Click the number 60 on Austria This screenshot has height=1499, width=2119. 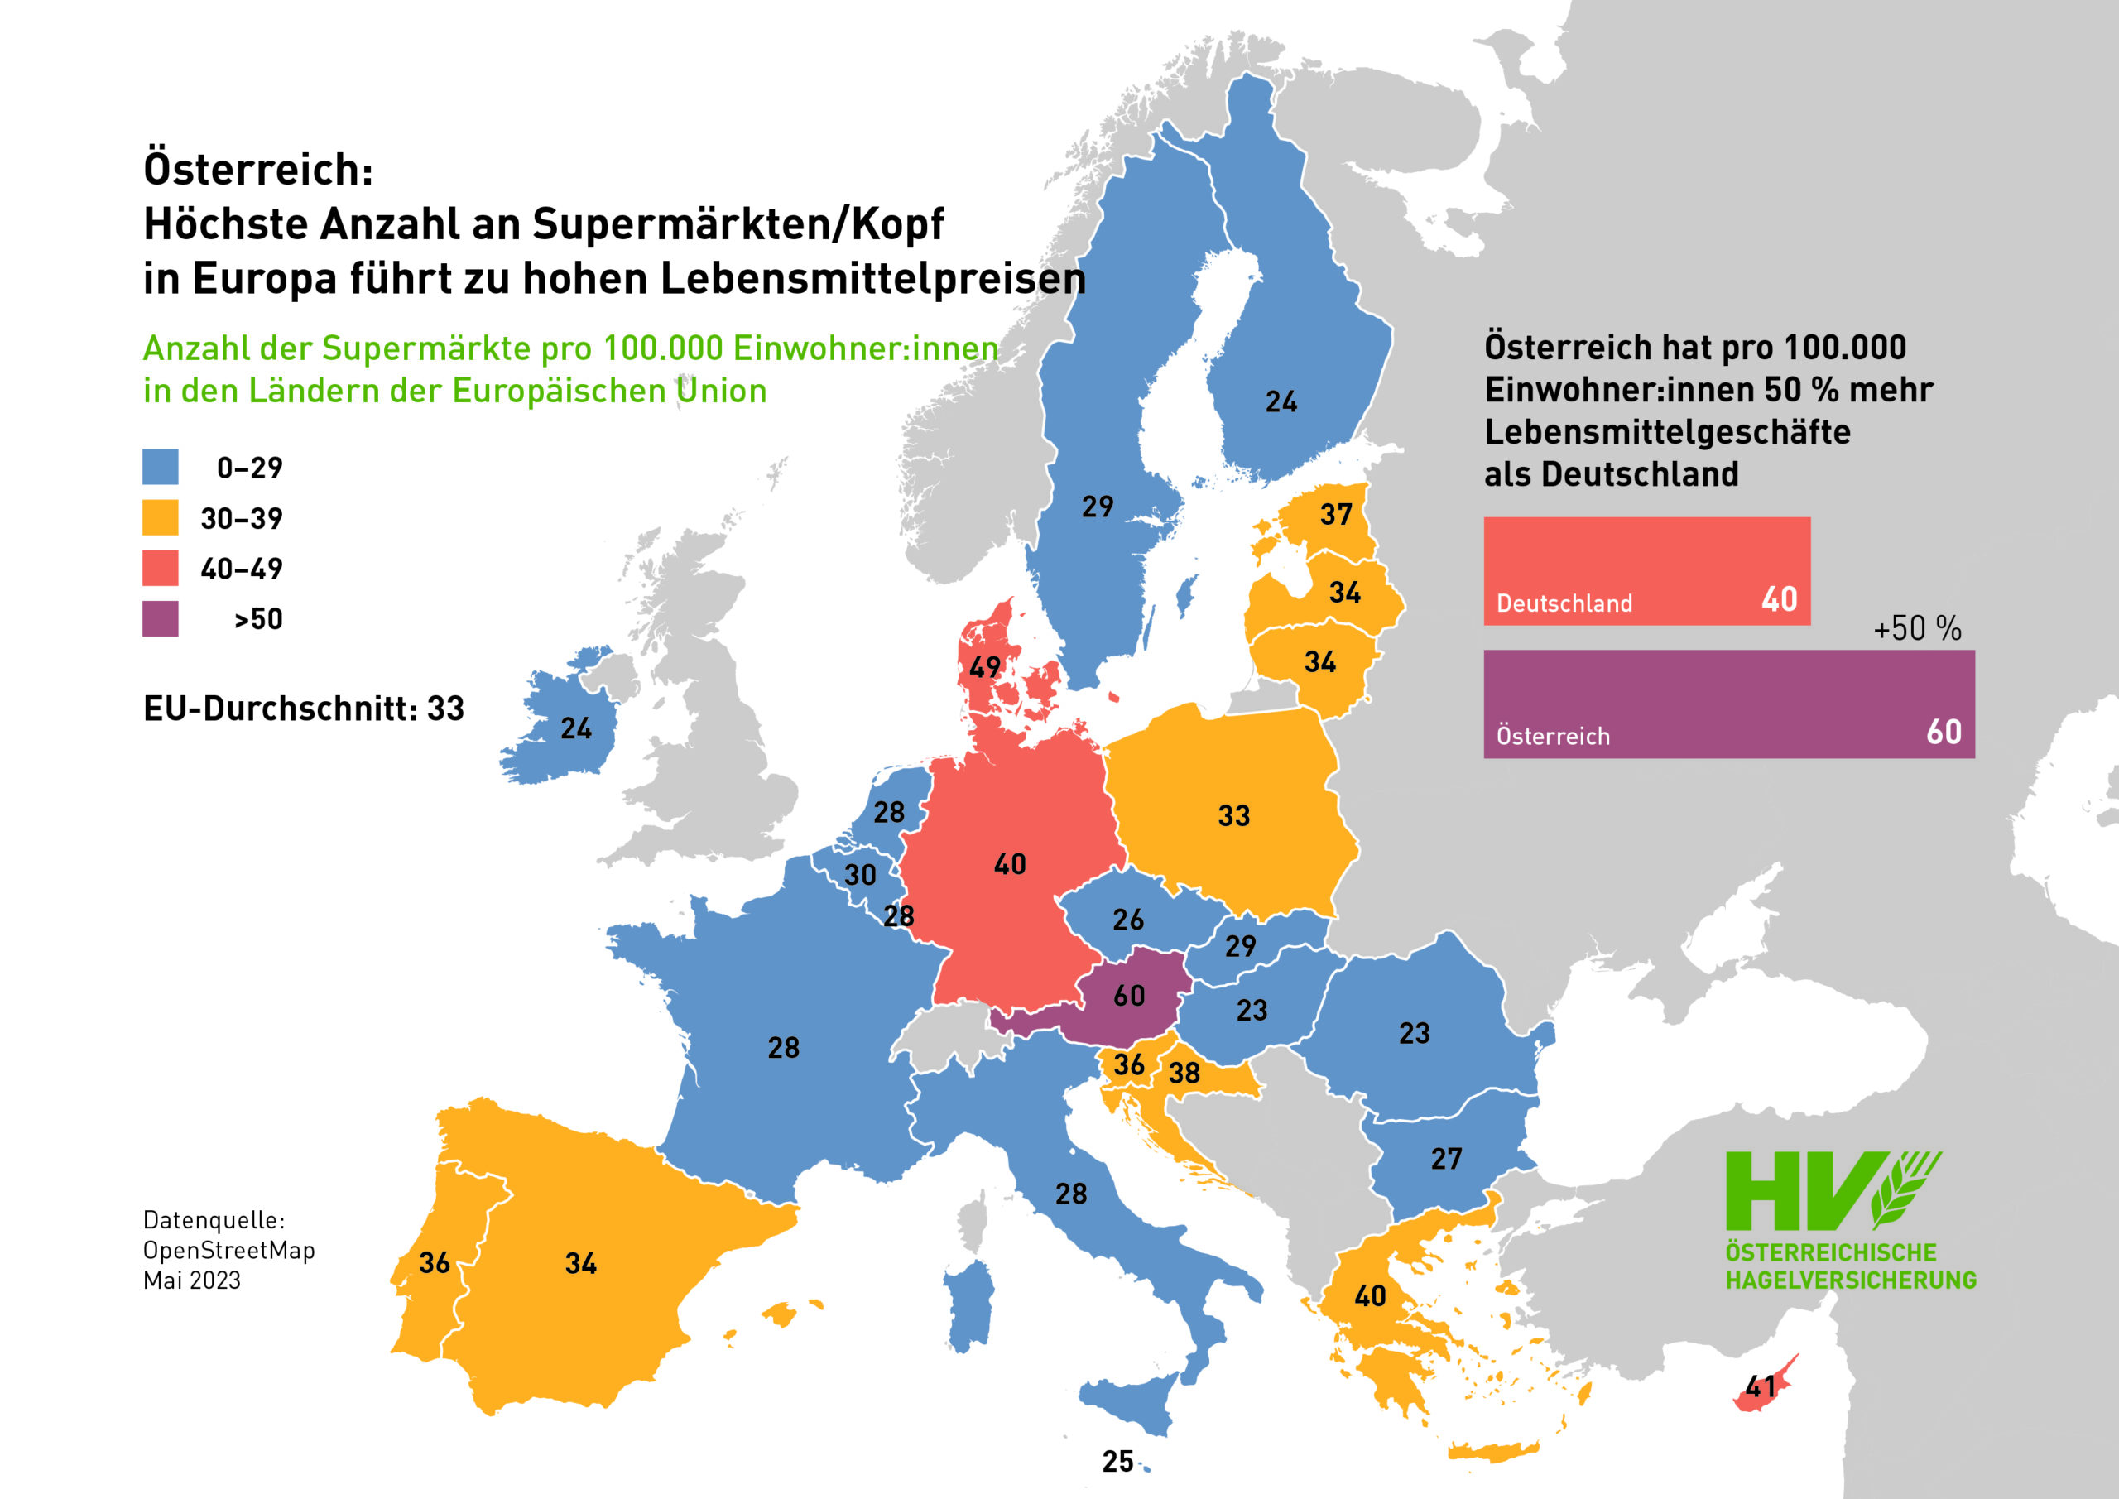1129,995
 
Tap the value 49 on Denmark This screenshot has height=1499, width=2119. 985,665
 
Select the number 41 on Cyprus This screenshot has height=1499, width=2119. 1760,1386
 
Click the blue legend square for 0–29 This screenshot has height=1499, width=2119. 160,467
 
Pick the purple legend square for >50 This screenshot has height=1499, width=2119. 160,618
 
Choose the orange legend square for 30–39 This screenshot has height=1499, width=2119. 160,518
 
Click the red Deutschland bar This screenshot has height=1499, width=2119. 1646,569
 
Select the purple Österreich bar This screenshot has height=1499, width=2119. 1727,704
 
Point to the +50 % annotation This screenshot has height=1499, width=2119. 1917,628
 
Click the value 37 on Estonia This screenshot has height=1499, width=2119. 1335,514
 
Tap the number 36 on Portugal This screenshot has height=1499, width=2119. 434,1263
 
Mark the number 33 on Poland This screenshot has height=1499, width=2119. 1234,816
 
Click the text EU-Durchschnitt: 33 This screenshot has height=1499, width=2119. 304,709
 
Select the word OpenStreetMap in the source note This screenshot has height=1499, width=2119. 229,1250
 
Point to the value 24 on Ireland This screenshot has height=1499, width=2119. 576,729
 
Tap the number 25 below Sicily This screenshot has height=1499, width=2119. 1117,1462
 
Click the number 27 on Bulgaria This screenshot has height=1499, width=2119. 1446,1159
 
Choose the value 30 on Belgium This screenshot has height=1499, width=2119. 860,875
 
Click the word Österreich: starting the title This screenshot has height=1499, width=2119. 258,170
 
